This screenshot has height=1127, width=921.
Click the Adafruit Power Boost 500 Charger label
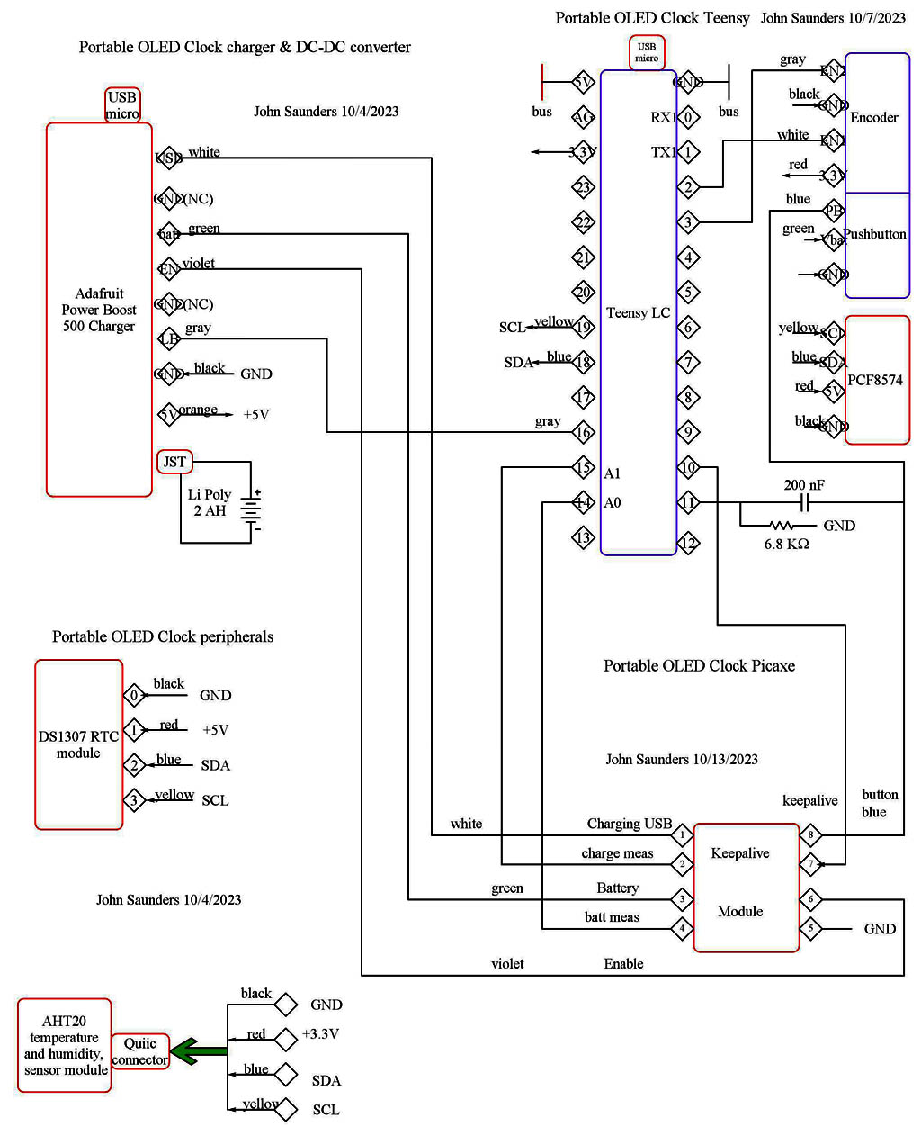99,310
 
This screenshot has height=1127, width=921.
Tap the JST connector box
174,462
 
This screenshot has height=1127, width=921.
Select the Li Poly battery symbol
251,510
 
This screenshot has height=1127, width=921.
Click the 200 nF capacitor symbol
806,502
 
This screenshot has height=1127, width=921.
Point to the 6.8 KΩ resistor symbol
781,526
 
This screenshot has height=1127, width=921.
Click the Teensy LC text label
638,312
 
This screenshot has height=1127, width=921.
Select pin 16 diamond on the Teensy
584,432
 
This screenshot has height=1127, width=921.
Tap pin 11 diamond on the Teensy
688,502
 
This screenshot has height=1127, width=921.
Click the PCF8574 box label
875,380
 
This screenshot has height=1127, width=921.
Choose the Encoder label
874,118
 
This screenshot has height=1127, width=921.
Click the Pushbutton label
875,234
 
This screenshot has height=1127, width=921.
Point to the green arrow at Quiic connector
199,1050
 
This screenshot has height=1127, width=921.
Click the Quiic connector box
140,1051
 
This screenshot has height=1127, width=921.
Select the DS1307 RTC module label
78,744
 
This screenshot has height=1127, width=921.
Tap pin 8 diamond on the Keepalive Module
810,834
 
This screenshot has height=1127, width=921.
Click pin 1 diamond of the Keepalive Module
682,834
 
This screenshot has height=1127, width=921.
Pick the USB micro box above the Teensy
647,52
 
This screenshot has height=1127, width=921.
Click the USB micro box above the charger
122,104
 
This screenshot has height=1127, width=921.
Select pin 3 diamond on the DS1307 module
134,799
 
